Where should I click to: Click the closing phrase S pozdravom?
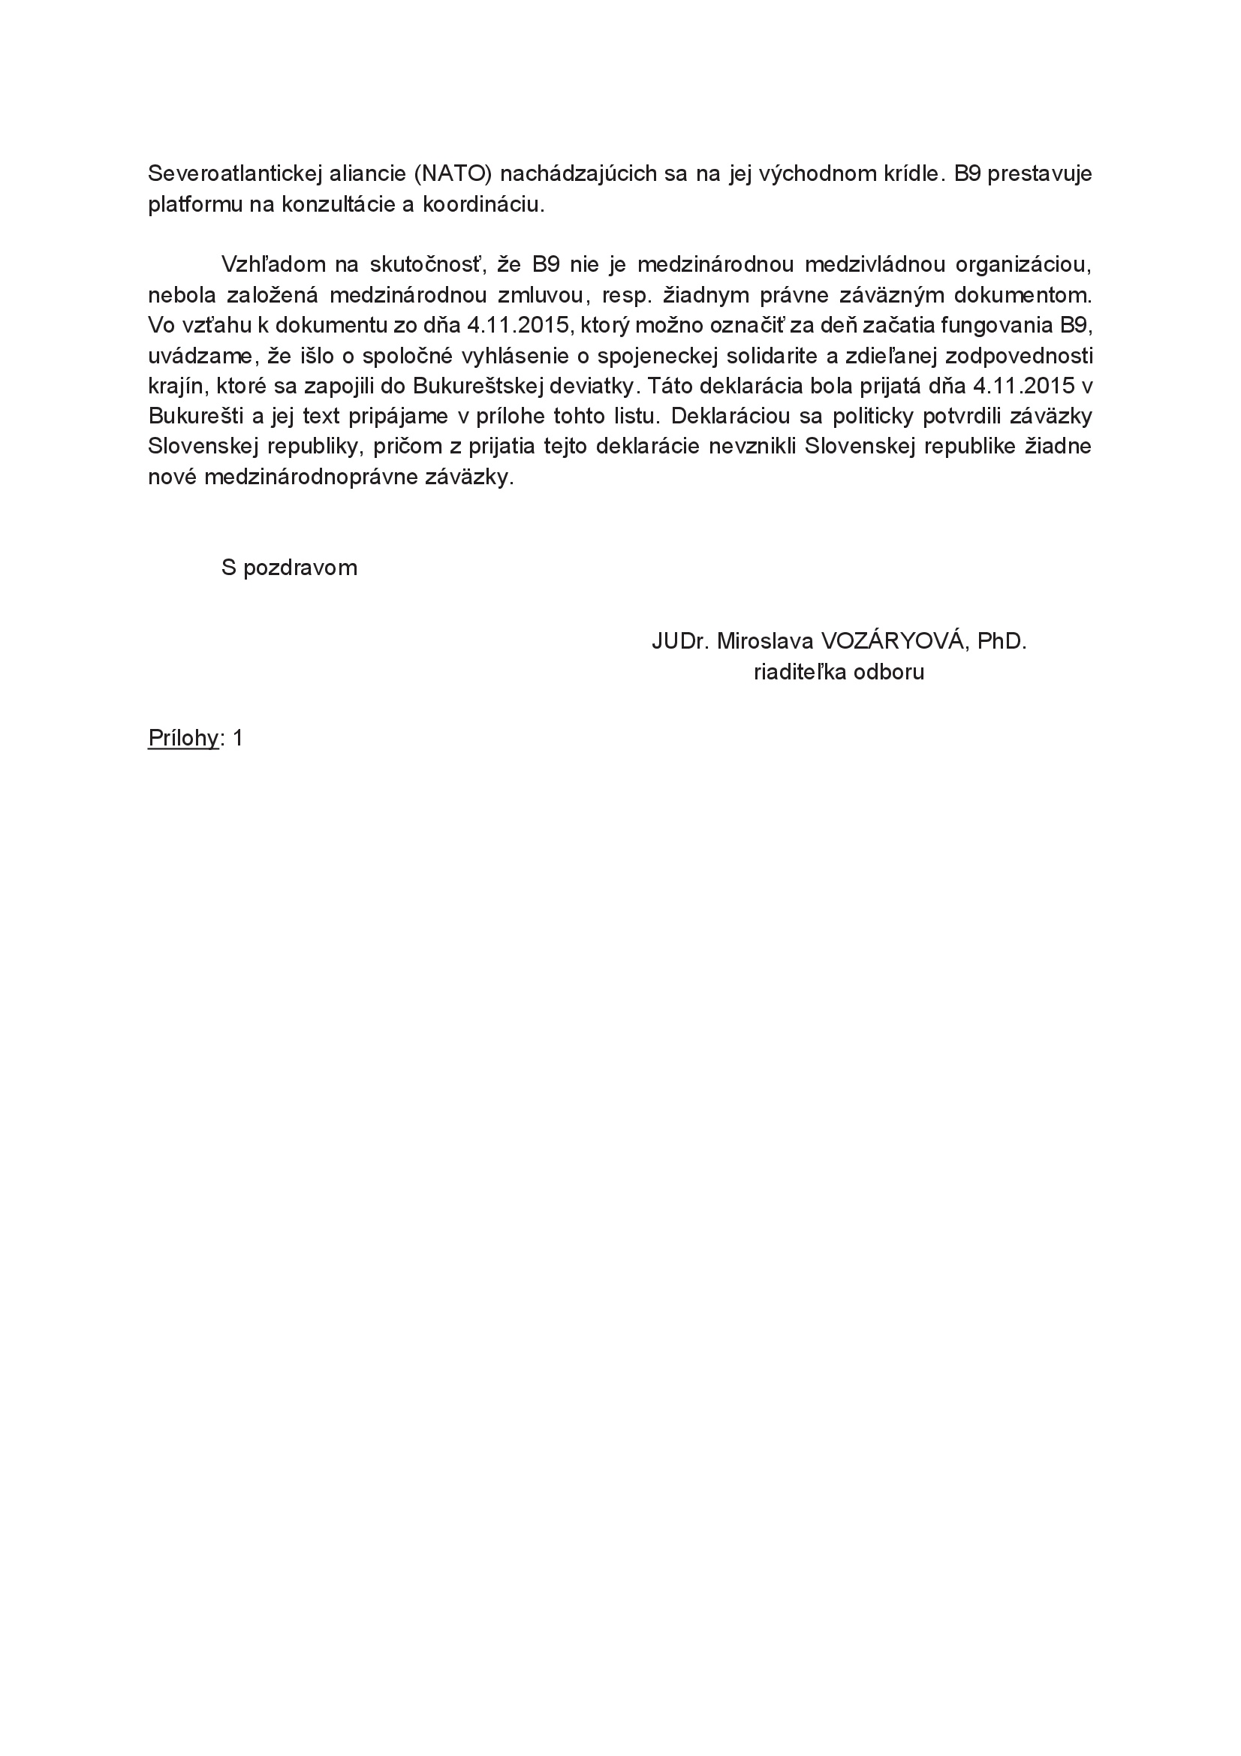(289, 568)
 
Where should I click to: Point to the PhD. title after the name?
(1001, 641)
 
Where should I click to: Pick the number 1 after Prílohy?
(238, 738)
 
